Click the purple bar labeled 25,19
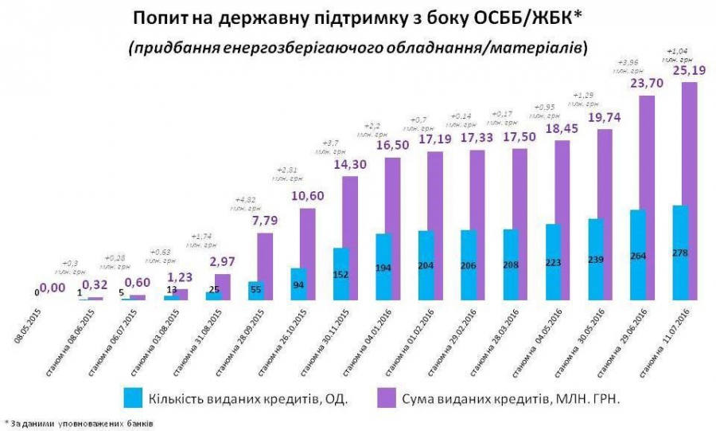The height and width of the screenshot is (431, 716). click(x=689, y=191)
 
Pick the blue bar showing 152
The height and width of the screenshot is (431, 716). click(x=340, y=274)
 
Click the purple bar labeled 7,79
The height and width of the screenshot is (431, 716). click(x=265, y=266)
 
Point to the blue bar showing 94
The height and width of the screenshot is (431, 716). click(x=298, y=284)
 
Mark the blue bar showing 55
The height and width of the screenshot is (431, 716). click(x=256, y=291)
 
